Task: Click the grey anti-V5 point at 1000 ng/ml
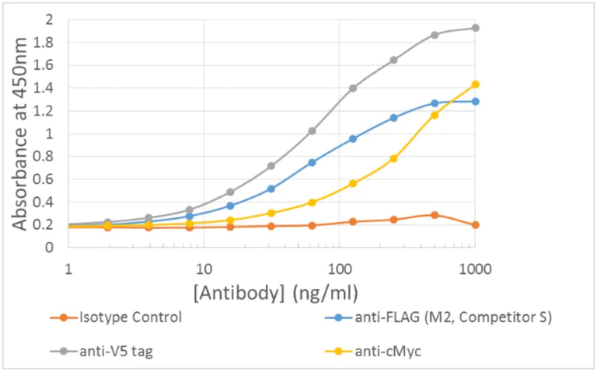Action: pyautogui.click(x=475, y=28)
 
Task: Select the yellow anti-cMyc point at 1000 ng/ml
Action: pyautogui.click(x=475, y=84)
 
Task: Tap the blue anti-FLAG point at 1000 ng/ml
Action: pyautogui.click(x=475, y=101)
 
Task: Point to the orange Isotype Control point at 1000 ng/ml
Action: pyautogui.click(x=475, y=224)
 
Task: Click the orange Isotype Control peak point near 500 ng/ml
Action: pyautogui.click(x=435, y=215)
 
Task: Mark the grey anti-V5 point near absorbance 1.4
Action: pyautogui.click(x=353, y=88)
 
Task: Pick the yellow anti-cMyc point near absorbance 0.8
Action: pyautogui.click(x=394, y=158)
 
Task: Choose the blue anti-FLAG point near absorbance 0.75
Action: pyautogui.click(x=312, y=162)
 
